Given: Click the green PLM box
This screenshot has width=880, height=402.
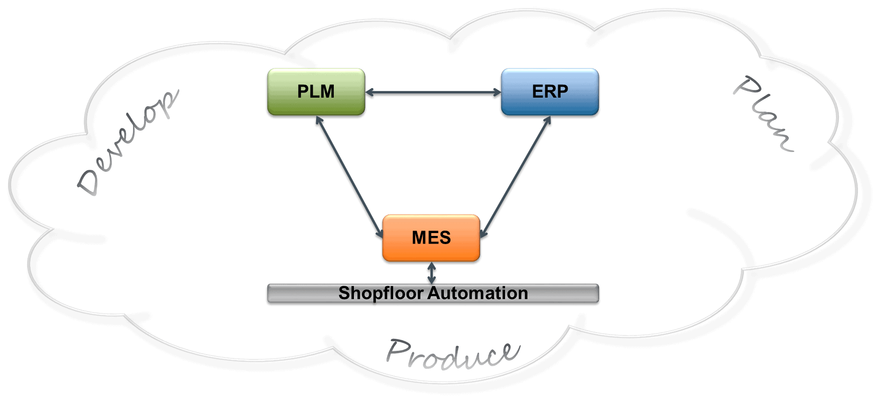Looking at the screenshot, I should pos(316,91).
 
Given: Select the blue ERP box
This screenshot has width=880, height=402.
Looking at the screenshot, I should pos(550,91).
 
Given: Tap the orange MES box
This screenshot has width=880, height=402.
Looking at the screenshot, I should pos(431,237).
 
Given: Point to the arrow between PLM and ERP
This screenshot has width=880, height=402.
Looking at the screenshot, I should pos(433,92).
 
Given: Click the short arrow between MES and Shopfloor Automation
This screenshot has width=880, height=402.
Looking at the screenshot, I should pos(431,273).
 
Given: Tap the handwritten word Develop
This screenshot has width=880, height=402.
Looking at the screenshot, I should pos(128,144).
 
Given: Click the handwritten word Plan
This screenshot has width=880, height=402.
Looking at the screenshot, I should pos(764,114).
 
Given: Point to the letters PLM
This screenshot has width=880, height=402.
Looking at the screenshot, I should pos(316,91).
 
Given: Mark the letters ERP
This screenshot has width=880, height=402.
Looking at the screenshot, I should pos(550,91).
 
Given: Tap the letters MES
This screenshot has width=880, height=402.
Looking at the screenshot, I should pos(431,237).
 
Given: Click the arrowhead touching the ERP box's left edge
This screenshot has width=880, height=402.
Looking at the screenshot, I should pos(497,92).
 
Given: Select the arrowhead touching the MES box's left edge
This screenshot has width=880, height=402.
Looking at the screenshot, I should pos(380,233).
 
